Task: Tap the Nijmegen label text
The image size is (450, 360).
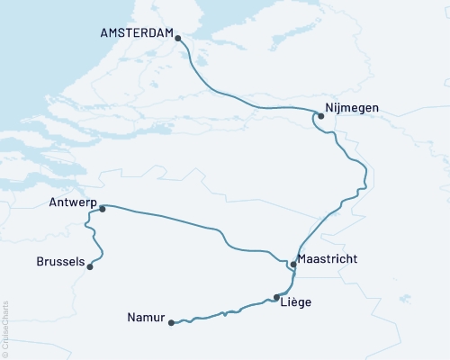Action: point(352,108)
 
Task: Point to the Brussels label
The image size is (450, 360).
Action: point(60,262)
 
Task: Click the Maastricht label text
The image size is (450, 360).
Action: point(327,259)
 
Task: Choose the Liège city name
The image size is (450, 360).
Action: point(297,302)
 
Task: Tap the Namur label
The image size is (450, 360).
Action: point(145,317)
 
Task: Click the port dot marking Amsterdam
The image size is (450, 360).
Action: point(178,38)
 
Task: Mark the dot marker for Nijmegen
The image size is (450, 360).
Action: point(320,115)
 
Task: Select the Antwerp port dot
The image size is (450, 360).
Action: point(103,209)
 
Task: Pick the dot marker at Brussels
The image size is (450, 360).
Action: point(90,265)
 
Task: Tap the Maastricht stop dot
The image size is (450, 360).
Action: point(293,265)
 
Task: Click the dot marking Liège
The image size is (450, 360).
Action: point(276,297)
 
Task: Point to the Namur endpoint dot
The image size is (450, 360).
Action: point(170,323)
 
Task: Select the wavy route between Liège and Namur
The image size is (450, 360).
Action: point(225,312)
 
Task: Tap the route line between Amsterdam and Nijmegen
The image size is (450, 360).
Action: point(234,100)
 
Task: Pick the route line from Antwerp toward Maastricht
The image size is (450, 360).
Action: point(171,219)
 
